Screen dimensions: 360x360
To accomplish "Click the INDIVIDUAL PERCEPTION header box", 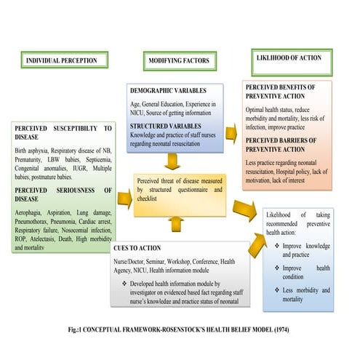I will (x=63, y=60).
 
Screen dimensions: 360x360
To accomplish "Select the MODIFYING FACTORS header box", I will (x=178, y=60).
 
